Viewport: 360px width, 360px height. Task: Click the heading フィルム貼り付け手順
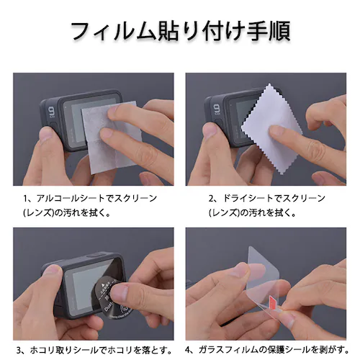[x=181, y=32]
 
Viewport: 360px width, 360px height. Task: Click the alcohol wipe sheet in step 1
[x=112, y=138]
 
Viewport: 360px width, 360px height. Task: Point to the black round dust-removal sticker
[x=114, y=298]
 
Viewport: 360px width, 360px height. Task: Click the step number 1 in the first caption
[x=25, y=199]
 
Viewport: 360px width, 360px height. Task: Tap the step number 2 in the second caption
[x=211, y=199]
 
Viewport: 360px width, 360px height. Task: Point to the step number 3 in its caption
[x=19, y=351]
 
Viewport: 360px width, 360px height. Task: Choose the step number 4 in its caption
[x=189, y=350]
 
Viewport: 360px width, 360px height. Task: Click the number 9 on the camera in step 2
[x=216, y=109]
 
